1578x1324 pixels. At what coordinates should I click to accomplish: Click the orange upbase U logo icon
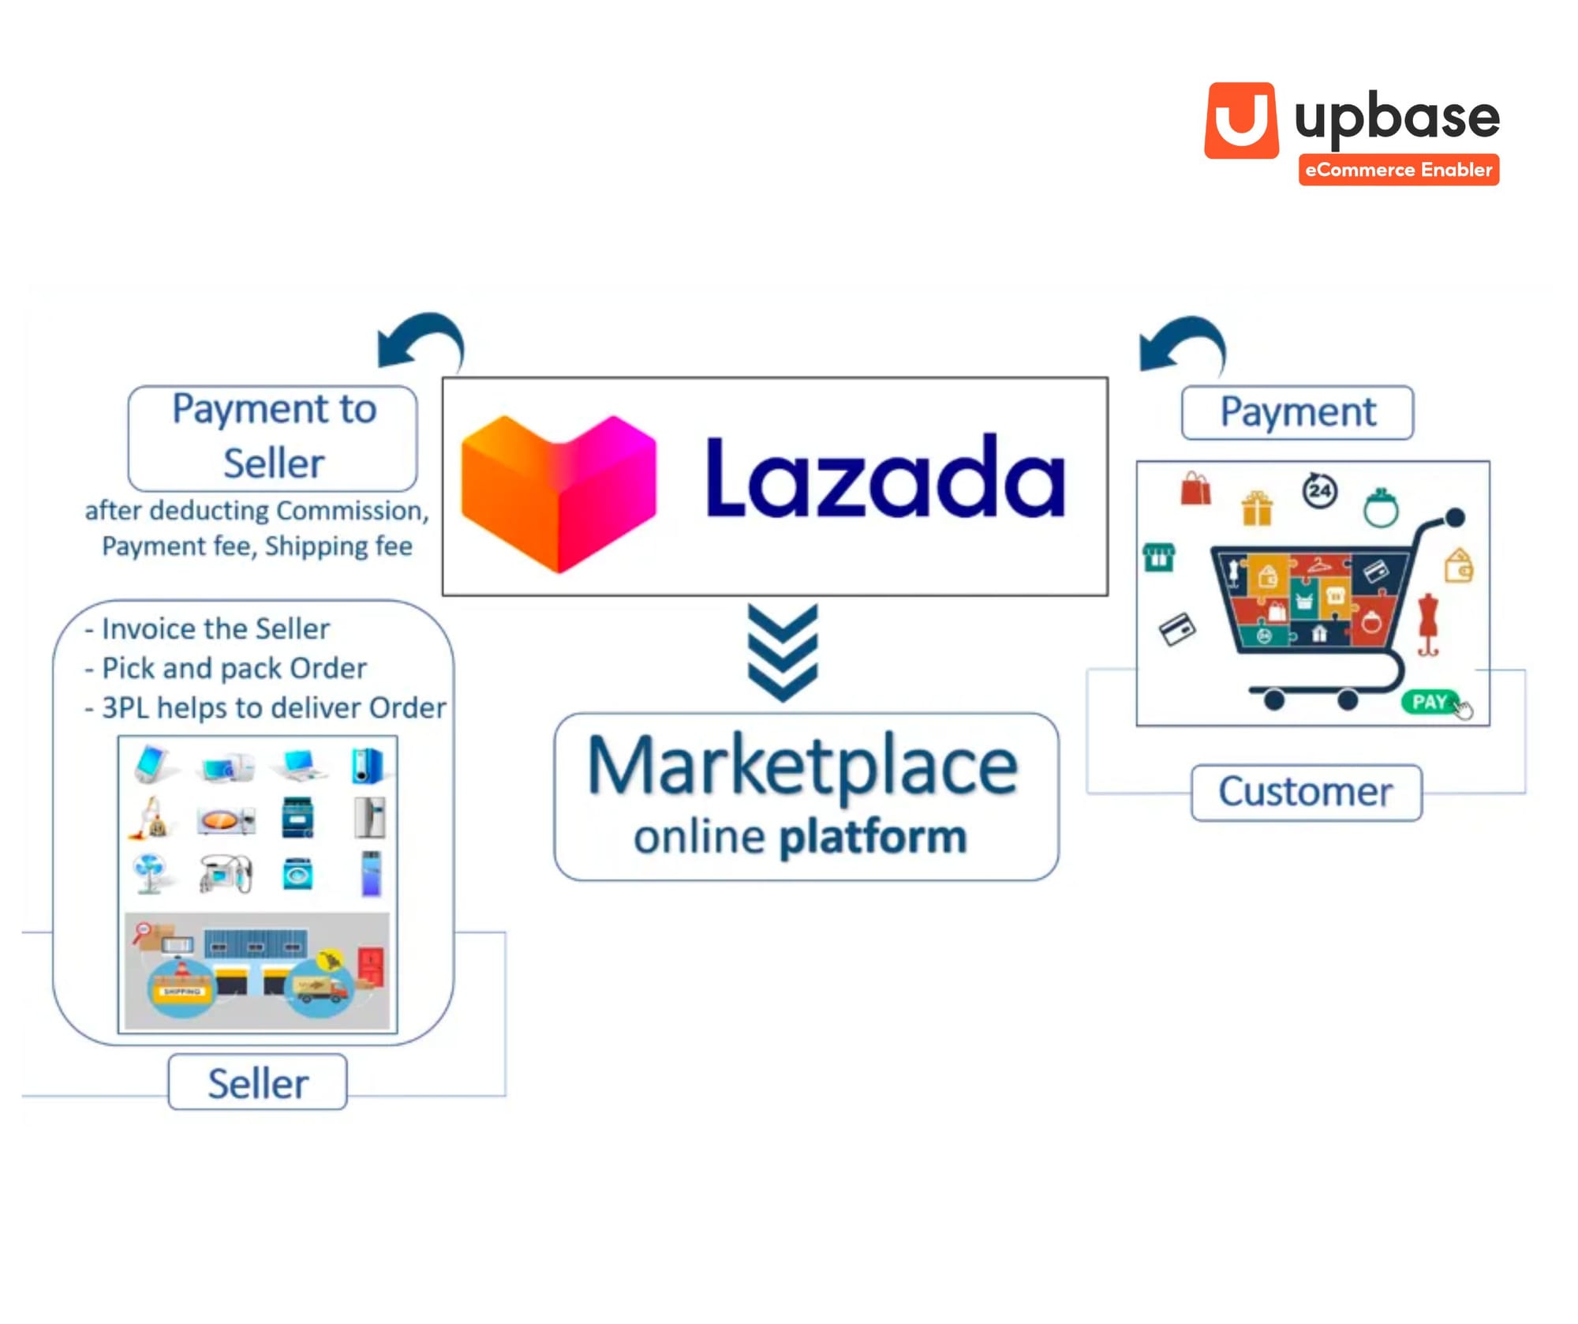[x=1241, y=121]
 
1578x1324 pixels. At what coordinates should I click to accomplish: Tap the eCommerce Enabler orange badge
[x=1398, y=170]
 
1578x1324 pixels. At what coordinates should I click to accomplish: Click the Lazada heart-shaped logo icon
[x=559, y=491]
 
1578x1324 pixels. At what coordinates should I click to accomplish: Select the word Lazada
[x=884, y=478]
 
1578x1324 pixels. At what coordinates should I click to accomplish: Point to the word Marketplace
[x=803, y=765]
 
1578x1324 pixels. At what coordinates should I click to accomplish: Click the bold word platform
[x=873, y=837]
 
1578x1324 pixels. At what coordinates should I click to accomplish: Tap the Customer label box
[x=1306, y=792]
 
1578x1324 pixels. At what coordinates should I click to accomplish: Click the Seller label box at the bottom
[x=257, y=1082]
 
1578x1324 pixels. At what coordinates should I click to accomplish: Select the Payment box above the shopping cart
[x=1297, y=412]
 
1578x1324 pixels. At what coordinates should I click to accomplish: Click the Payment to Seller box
[x=273, y=437]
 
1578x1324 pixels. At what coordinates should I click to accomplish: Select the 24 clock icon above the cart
[x=1319, y=490]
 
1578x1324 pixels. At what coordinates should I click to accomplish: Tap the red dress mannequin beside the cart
[x=1428, y=624]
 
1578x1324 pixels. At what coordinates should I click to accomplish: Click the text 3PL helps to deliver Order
[x=273, y=707]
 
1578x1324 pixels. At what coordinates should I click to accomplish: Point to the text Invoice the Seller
[x=215, y=628]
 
